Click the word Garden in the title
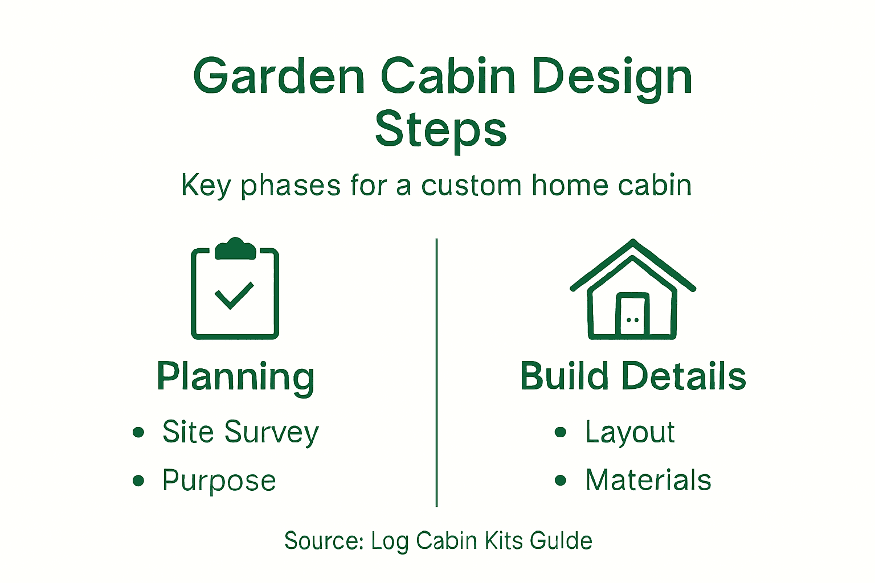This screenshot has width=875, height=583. point(279,77)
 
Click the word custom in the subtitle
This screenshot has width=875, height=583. point(471,186)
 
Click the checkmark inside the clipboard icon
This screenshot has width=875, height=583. point(234,295)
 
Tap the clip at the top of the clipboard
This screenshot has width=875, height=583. point(235,249)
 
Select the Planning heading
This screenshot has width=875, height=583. point(235,377)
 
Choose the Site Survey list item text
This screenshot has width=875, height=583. point(240,432)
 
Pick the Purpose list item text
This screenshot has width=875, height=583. point(219,481)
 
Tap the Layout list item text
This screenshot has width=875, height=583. point(629,432)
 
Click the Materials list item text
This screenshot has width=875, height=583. point(648,481)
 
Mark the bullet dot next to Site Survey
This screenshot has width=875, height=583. point(138,432)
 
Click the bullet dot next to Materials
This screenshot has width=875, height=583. point(561,481)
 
